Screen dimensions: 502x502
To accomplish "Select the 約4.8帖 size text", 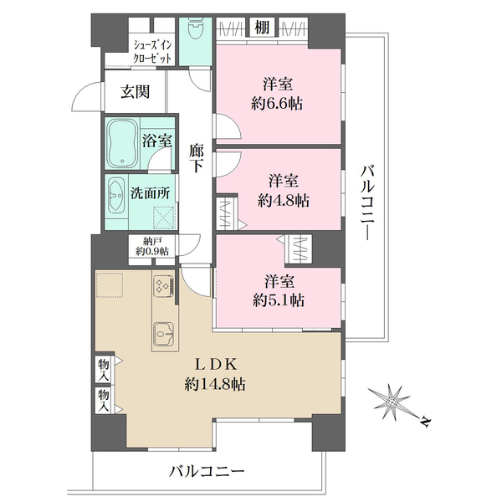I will tap(284, 200).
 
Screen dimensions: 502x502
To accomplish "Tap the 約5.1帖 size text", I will tap(280, 300).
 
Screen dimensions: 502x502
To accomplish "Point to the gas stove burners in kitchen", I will tap(161, 287).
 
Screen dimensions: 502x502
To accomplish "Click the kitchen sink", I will tap(164, 336).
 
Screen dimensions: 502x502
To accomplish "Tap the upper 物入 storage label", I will tap(104, 367).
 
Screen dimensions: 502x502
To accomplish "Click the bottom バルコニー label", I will tap(206, 471).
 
